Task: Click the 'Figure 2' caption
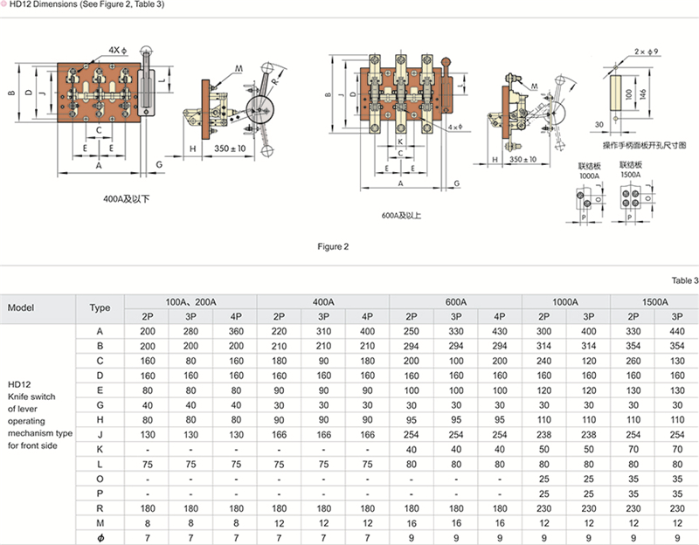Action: click(333, 247)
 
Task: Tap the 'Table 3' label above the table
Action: click(685, 280)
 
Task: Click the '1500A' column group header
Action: click(654, 301)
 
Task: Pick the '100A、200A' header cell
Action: click(190, 301)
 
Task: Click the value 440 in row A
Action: click(675, 331)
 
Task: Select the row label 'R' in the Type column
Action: click(100, 507)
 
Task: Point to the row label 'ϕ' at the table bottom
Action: click(100, 537)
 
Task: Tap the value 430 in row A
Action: click(499, 331)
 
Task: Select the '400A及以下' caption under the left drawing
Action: click(126, 199)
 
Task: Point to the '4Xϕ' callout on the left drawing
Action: click(119, 50)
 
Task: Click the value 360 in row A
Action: click(236, 331)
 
